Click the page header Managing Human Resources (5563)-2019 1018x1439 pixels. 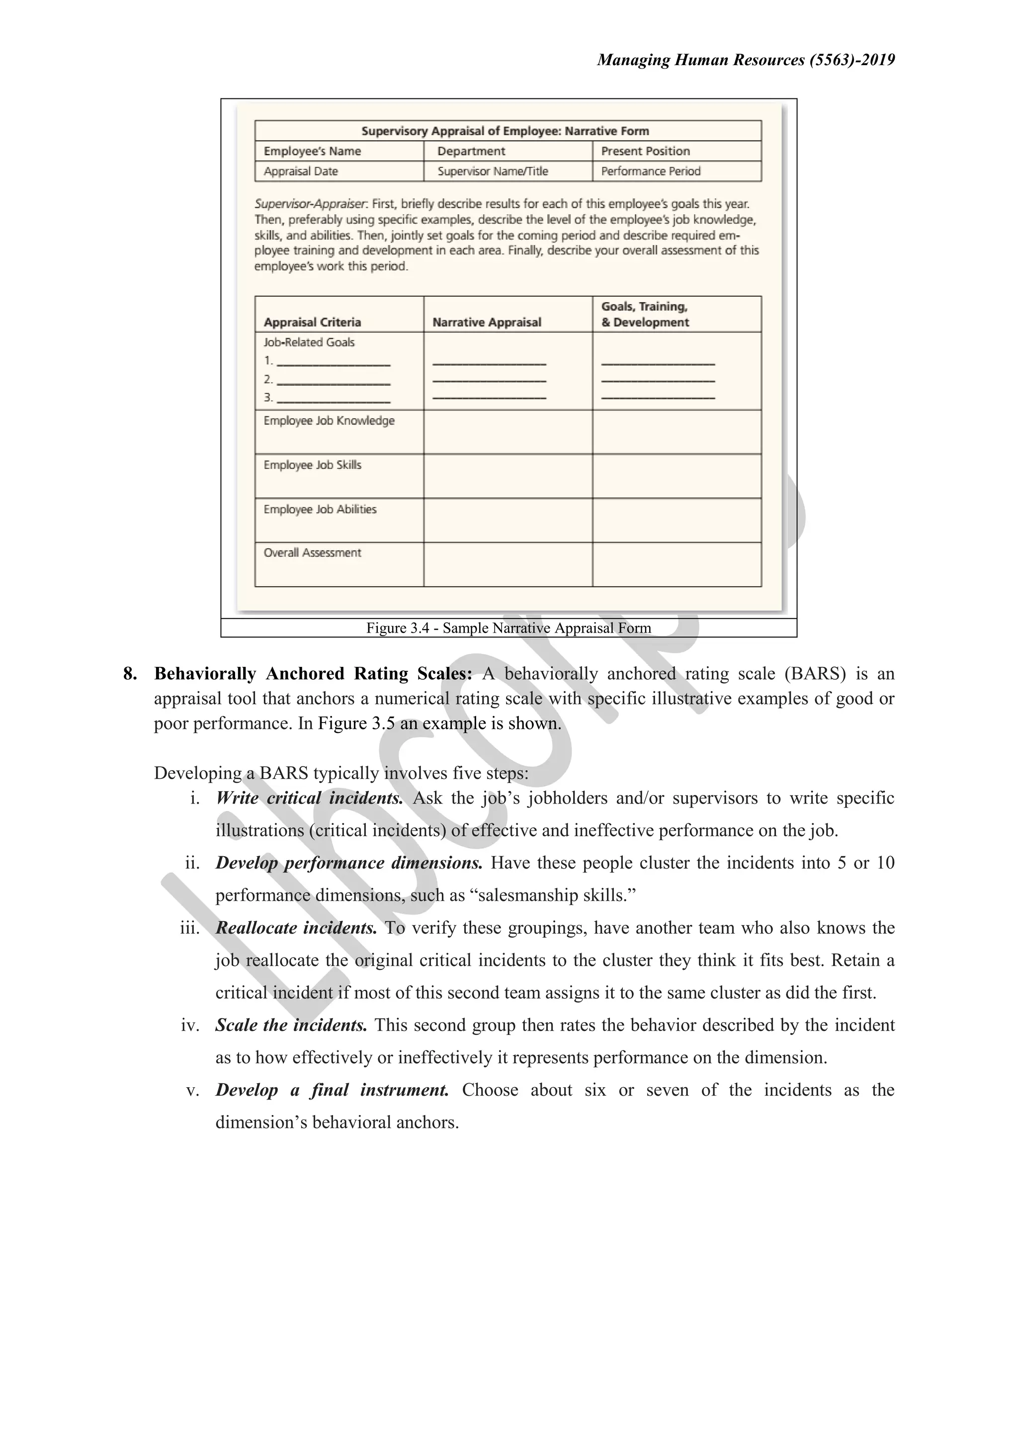click(x=745, y=60)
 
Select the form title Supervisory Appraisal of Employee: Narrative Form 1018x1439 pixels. click(x=505, y=131)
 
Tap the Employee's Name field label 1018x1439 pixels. click(x=312, y=151)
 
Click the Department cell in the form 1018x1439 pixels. click(x=471, y=151)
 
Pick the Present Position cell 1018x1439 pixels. click(x=645, y=151)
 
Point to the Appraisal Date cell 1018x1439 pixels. click(x=301, y=171)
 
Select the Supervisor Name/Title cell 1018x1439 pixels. click(x=493, y=171)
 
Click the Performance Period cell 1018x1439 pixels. click(x=651, y=171)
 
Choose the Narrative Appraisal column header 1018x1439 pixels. click(x=487, y=322)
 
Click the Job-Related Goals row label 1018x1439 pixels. click(x=309, y=342)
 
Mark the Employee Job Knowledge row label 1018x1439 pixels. click(x=329, y=420)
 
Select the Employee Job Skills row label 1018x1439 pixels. click(x=312, y=465)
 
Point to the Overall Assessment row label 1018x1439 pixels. click(x=312, y=553)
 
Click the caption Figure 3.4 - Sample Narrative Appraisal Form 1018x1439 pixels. click(x=509, y=628)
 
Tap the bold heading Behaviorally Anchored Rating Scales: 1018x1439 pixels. click(x=313, y=674)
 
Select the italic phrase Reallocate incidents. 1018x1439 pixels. click(x=296, y=928)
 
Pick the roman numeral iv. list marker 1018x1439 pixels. click(x=190, y=1026)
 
